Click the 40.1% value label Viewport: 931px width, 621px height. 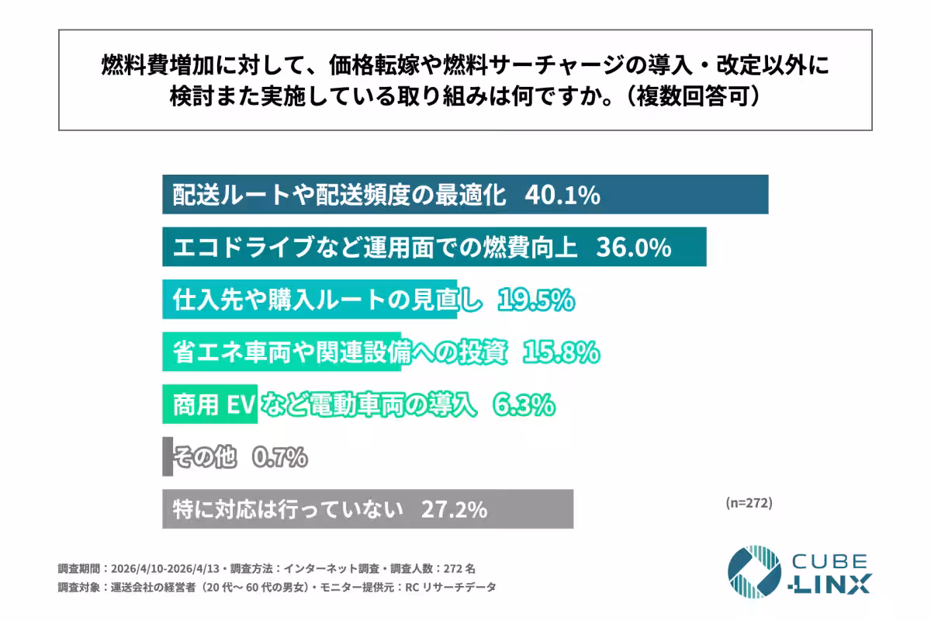coord(562,196)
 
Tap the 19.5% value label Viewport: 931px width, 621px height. coord(535,300)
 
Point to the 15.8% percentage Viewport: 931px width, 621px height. coord(561,352)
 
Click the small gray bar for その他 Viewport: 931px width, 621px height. coord(168,456)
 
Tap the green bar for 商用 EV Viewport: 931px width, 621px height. coord(209,404)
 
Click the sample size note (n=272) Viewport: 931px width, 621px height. coord(749,503)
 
